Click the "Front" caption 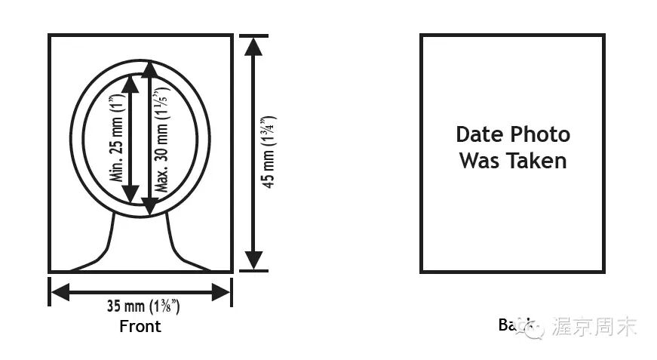pos(140,327)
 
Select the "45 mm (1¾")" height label pos(268,152)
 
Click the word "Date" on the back pos(480,134)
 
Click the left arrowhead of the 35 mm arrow pos(61,291)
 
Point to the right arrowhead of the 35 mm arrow pos(220,291)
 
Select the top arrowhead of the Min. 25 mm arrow pos(130,84)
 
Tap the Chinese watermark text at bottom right pos(596,327)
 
